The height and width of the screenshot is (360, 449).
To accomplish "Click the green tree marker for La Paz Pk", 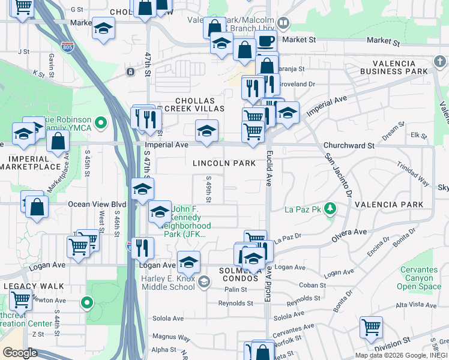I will coord(330,209).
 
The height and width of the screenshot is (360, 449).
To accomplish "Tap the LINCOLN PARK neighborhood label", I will coord(224,163).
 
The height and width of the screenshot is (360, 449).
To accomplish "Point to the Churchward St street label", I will coord(349,146).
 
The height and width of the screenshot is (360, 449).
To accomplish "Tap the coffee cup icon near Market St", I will coord(266,41).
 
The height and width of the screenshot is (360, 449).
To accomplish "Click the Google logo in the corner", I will coord(20,353).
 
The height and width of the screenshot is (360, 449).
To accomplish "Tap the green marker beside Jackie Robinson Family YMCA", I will coord(101,124).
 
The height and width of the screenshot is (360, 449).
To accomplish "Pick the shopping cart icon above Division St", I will coord(371,328).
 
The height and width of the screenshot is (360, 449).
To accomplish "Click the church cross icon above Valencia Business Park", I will coord(439,62).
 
